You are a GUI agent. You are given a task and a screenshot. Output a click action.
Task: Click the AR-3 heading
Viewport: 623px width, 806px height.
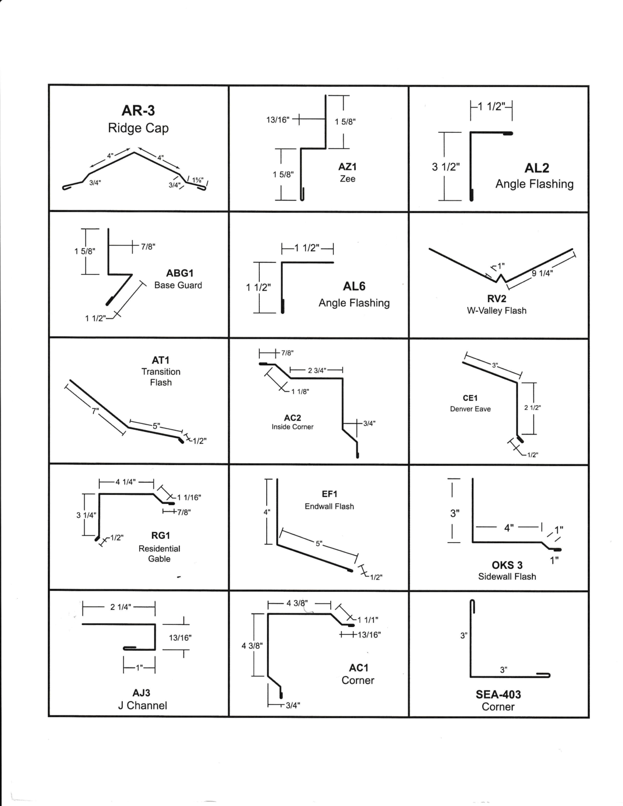[138, 111]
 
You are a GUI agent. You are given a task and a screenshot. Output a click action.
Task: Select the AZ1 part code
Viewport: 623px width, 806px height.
[347, 166]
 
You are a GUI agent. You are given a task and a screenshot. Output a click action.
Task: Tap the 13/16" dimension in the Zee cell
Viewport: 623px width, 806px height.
[278, 120]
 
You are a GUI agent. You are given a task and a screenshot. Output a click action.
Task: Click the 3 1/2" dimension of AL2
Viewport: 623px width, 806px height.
[445, 167]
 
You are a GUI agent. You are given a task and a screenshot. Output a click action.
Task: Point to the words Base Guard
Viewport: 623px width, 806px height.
[178, 285]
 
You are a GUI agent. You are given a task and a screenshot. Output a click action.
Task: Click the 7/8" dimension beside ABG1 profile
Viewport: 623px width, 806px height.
[148, 246]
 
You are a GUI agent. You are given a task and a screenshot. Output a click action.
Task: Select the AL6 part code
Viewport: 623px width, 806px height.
[354, 286]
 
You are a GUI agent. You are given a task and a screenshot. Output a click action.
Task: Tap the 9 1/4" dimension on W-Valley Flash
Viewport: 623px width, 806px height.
[542, 273]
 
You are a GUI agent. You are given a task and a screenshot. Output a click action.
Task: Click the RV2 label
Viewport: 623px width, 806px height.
[497, 299]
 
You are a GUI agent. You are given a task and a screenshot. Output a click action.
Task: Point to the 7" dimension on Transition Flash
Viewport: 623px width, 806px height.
[95, 411]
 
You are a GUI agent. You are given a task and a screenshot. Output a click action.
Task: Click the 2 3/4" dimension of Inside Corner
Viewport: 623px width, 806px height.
[316, 370]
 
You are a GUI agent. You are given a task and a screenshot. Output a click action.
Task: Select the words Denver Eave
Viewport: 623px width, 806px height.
[470, 409]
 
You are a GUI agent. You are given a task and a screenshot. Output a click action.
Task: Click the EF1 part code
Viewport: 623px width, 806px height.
[329, 494]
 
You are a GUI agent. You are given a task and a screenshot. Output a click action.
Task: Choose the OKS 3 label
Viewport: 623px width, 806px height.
[506, 565]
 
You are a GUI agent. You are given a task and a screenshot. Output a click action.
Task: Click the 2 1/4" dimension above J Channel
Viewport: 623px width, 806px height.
[120, 608]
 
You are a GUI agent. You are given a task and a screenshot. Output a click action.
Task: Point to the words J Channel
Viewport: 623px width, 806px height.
[142, 705]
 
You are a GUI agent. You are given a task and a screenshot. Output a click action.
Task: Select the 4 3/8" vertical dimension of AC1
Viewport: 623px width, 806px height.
[252, 645]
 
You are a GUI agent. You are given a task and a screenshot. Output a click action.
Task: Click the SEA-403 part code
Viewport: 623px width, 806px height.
[498, 694]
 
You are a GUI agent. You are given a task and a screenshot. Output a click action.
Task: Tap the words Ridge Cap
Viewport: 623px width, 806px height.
[138, 128]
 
